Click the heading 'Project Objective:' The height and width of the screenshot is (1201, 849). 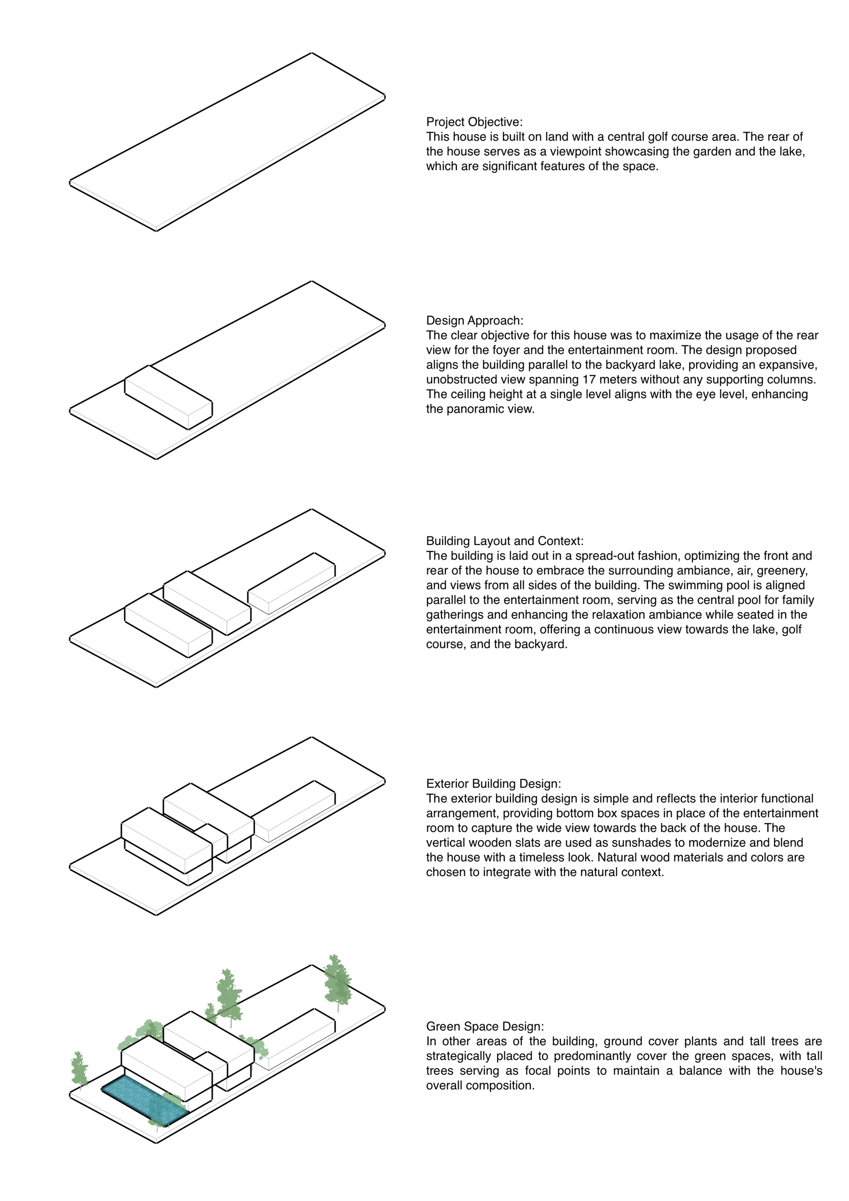tap(474, 122)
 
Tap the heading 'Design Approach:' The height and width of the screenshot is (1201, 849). tap(475, 320)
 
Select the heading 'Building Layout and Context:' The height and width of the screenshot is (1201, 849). tap(505, 541)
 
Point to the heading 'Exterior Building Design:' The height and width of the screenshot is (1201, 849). tap(493, 784)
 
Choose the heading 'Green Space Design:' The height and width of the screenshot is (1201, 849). tap(485, 1026)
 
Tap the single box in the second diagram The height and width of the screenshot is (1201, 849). tap(169, 397)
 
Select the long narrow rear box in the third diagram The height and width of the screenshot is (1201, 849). tap(291, 583)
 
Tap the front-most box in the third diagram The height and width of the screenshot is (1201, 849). tap(169, 626)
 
